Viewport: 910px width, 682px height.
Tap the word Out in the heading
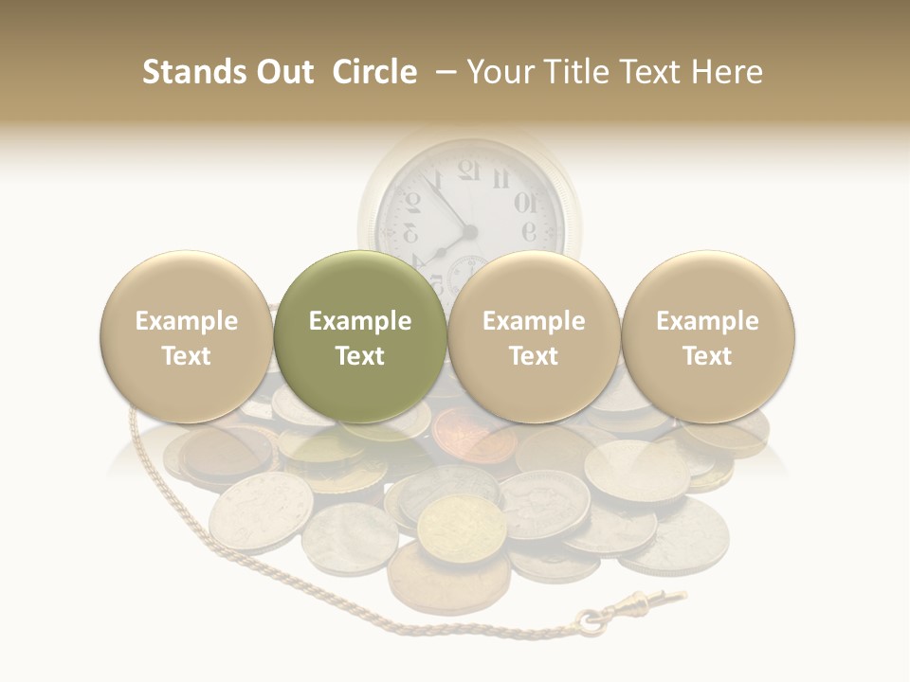point(286,72)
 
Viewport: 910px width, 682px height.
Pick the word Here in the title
point(726,72)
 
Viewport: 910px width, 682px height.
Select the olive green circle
point(360,336)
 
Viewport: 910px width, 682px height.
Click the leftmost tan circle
point(186,336)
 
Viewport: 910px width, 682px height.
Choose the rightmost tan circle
point(708,336)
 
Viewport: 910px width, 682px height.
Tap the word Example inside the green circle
point(360,321)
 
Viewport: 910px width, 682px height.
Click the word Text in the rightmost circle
point(708,356)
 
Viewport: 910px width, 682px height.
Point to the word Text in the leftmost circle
point(186,356)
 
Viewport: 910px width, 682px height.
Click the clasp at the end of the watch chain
point(664,601)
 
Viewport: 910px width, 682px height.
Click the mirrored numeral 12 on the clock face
point(469,171)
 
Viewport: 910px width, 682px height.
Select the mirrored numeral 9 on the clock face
point(529,232)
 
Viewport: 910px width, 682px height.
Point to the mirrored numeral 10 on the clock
point(524,202)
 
